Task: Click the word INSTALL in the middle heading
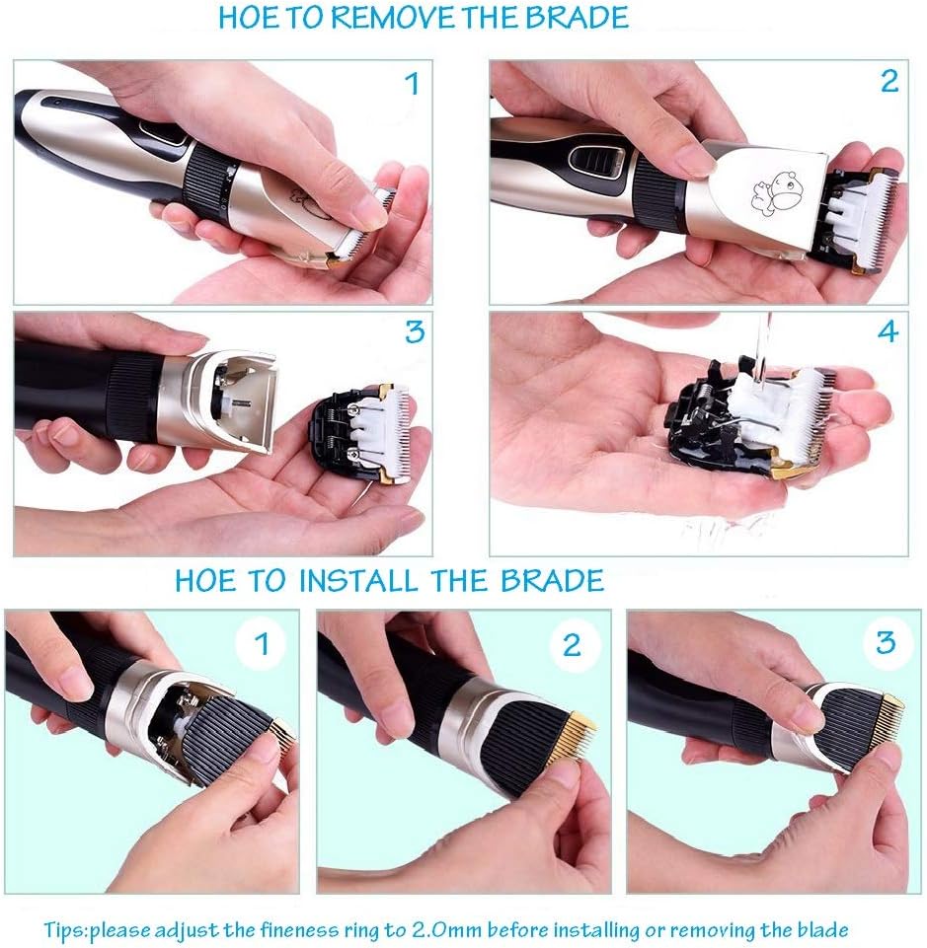click(358, 580)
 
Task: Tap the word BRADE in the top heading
click(577, 17)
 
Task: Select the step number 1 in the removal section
click(413, 84)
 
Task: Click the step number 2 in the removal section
click(888, 82)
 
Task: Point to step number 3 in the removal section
click(415, 331)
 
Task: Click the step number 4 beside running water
click(888, 331)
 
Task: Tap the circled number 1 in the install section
click(262, 643)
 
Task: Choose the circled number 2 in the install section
click(573, 644)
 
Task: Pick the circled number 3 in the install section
click(886, 641)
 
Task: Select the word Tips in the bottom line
click(65, 930)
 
